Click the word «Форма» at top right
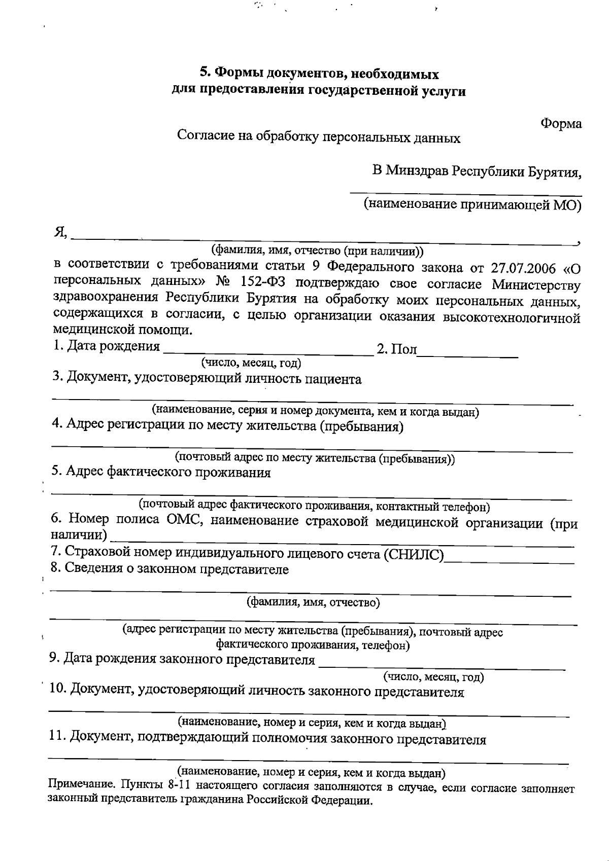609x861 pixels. pyautogui.click(x=561, y=124)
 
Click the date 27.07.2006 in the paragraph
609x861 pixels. pyautogui.click(x=523, y=267)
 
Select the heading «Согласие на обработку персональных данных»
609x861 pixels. pyautogui.click(x=319, y=137)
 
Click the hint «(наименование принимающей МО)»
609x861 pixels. pyautogui.click(x=472, y=205)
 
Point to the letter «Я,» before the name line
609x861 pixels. pyautogui.click(x=61, y=233)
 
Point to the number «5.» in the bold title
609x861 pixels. pyautogui.click(x=204, y=74)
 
